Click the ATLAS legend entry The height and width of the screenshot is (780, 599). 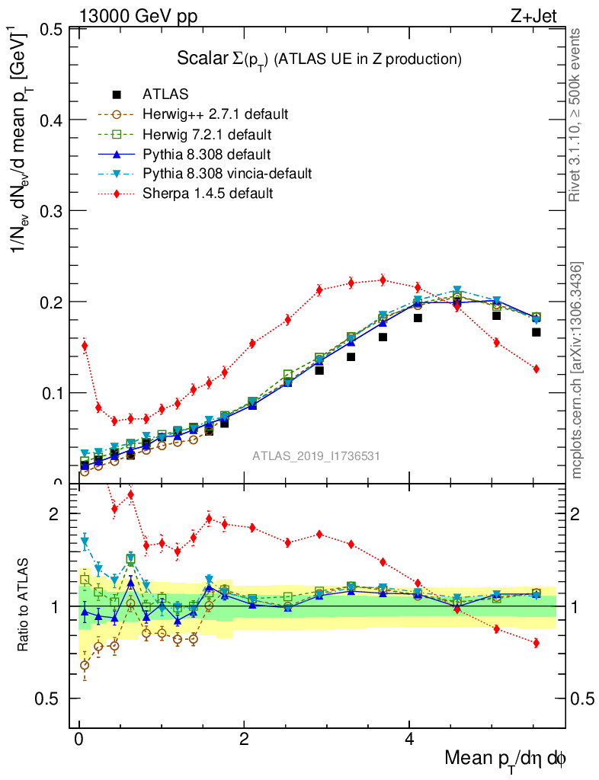[166, 94]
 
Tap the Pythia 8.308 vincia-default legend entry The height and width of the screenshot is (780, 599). [227, 174]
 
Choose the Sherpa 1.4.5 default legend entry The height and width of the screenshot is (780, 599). [207, 193]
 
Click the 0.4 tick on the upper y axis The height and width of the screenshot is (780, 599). [51, 120]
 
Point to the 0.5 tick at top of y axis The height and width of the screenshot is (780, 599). [51, 30]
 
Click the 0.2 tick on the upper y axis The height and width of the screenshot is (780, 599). [51, 302]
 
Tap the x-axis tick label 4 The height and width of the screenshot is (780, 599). [409, 740]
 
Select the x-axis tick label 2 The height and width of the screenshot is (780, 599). [244, 740]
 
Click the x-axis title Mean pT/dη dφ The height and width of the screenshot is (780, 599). [505, 759]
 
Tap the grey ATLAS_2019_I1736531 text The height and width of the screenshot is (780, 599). [316, 456]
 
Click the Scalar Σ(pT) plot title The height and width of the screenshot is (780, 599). [319, 59]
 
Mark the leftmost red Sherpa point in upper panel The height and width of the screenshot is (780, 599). [85, 346]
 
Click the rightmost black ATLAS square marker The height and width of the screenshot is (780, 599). [537, 332]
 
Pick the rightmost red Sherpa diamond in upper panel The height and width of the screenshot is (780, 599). [537, 369]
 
